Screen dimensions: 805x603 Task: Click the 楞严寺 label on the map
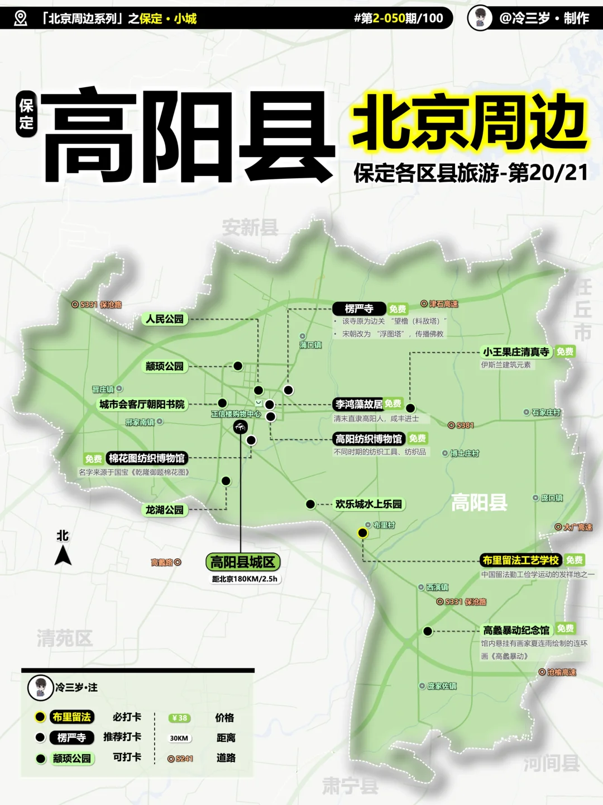(359, 309)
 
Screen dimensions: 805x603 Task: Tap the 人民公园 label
(165, 319)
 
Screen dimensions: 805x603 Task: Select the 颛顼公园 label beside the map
(165, 366)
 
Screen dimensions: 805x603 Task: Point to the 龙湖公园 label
(165, 510)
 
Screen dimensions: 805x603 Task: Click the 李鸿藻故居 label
(359, 404)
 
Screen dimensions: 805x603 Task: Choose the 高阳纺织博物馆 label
(368, 439)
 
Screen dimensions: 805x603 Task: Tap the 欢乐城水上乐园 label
(368, 504)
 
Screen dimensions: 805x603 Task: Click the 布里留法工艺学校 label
(520, 560)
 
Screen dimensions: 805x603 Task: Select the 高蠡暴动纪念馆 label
(516, 630)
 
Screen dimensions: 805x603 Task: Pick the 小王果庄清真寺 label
(516, 352)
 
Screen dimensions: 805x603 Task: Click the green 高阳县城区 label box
(242, 562)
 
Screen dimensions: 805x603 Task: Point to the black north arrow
(63, 555)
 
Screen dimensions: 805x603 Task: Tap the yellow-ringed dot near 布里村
(363, 533)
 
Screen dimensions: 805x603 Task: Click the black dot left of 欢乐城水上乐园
(310, 504)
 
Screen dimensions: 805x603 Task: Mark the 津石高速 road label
(443, 304)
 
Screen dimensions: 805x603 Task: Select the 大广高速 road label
(577, 527)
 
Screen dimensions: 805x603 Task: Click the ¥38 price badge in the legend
(180, 718)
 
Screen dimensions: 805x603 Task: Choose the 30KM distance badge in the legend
(179, 738)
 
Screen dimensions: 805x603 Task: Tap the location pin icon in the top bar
(21, 18)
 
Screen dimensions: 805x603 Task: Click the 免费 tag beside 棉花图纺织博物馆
(93, 459)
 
